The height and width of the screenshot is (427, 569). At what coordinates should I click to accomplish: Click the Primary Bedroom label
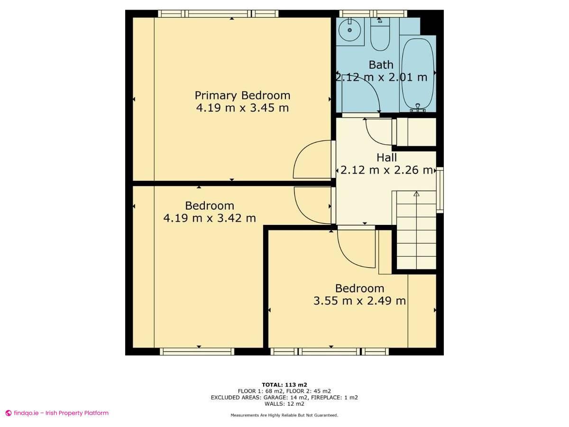coord(242,95)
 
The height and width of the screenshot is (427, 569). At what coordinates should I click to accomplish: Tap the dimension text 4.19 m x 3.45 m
coord(242,108)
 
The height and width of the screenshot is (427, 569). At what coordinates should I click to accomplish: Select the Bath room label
coord(381,65)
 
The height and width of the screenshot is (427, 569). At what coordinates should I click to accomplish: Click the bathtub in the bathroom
coord(418,74)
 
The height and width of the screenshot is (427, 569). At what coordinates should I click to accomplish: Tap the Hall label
coord(386,158)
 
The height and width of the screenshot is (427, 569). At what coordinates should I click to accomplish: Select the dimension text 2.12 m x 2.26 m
coord(386,170)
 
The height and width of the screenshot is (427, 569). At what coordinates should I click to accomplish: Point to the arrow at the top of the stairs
coord(416,194)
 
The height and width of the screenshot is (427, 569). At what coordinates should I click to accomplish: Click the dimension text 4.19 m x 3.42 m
coord(210,218)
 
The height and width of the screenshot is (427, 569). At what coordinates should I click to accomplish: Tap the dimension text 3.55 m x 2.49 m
coord(359,301)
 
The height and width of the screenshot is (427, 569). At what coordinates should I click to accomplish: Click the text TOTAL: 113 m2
coord(284,385)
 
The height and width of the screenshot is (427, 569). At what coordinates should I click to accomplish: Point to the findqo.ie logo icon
coord(8,413)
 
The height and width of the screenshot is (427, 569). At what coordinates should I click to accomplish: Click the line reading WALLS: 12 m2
coord(284,404)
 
